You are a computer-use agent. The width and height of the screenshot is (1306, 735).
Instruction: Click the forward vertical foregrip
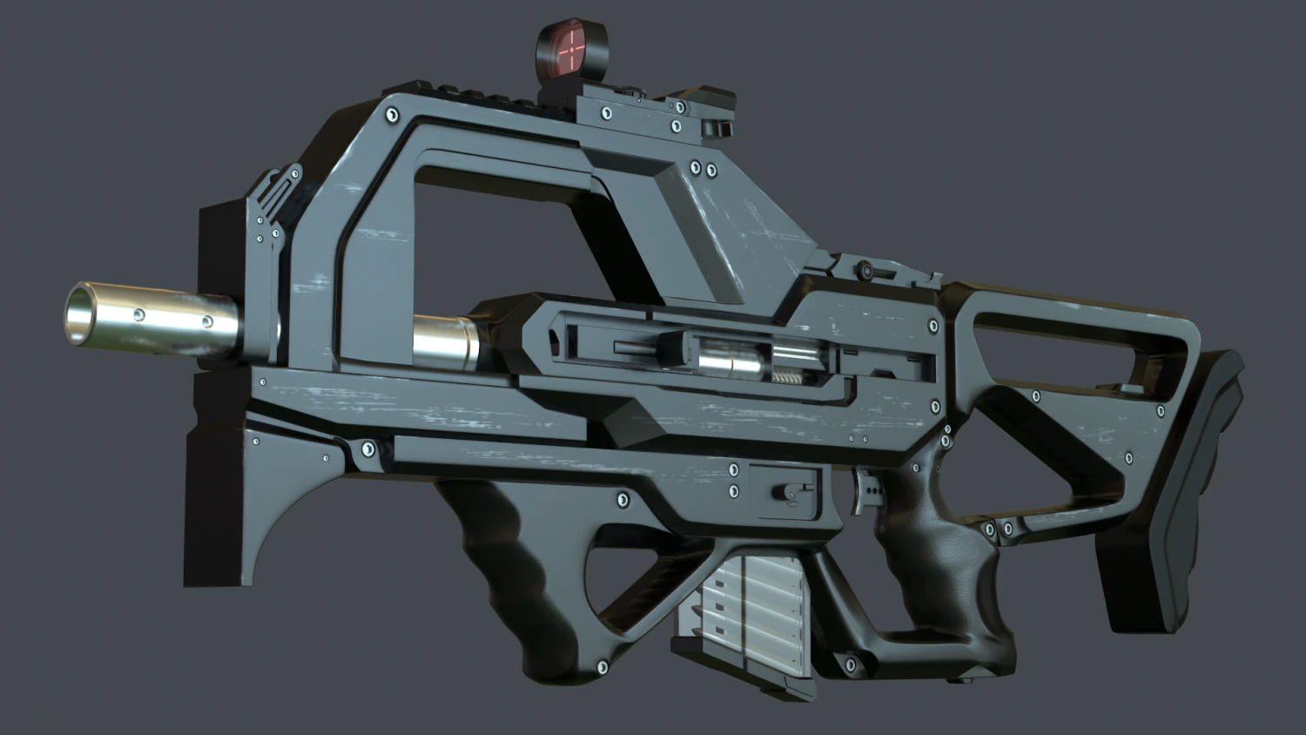[514, 566]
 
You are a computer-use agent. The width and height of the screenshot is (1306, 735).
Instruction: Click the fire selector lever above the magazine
[789, 493]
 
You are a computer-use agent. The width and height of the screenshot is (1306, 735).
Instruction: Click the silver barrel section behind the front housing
[444, 341]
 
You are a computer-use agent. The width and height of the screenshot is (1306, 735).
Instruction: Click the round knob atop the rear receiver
[865, 270]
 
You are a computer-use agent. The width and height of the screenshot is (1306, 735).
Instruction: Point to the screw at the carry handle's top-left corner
[392, 114]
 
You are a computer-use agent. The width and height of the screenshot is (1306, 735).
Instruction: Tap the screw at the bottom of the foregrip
[602, 668]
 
